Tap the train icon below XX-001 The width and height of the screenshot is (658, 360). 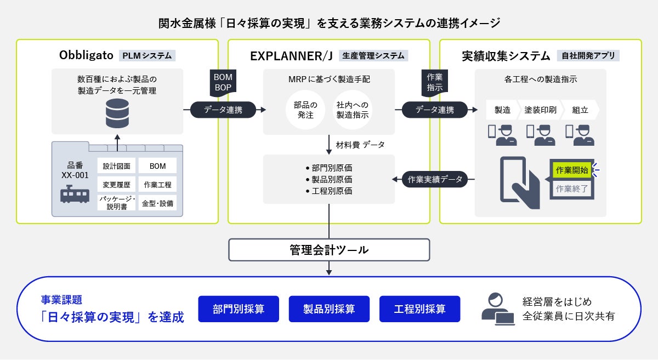pos(75,195)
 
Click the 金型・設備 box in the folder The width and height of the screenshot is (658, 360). pos(157,203)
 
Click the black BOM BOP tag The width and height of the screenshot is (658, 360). pos(223,82)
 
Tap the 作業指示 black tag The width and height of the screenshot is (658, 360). pos(434,82)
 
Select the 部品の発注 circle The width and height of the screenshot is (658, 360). pos(305,110)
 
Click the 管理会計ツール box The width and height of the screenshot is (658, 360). pos(329,250)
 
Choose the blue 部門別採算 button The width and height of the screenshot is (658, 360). pos(239,309)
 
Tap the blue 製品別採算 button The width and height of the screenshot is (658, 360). pos(329,309)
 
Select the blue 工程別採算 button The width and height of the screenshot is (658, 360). pos(419,309)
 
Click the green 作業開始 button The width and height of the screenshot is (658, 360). pos(571,170)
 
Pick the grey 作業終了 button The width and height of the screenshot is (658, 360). pos(571,188)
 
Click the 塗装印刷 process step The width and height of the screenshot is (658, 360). pos(540,110)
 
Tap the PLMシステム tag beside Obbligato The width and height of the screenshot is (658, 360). pos(146,55)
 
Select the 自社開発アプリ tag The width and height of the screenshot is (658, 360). pos(587,55)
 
